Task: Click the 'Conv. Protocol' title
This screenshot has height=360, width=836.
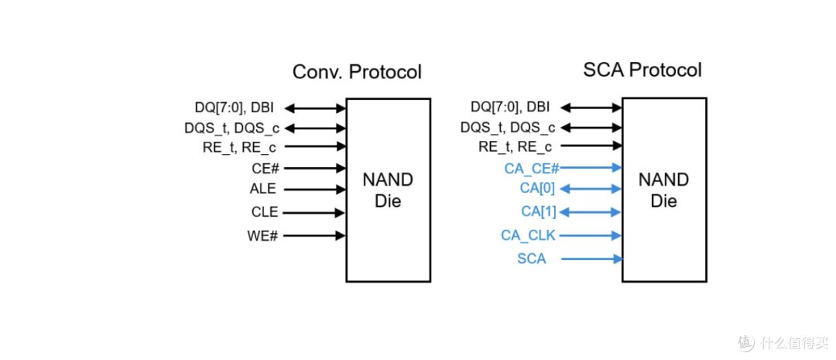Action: (357, 71)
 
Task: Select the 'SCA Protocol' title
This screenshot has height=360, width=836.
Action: (642, 70)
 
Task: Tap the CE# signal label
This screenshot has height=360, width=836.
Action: (266, 169)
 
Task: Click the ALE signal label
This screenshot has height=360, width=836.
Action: (263, 190)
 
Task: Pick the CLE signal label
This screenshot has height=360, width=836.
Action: (265, 212)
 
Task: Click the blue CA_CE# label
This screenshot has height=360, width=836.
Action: (531, 169)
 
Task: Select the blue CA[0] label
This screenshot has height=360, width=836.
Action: (537, 188)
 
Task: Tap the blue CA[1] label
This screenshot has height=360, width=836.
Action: (539, 211)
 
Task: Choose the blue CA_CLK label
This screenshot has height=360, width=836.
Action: (528, 235)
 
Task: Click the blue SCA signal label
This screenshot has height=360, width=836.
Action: (532, 259)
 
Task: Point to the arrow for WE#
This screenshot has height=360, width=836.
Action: (314, 235)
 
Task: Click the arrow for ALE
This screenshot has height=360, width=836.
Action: (314, 190)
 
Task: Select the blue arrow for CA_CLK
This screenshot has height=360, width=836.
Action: (591, 235)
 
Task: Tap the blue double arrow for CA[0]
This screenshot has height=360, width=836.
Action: (591, 189)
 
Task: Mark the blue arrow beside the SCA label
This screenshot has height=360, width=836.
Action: (592, 259)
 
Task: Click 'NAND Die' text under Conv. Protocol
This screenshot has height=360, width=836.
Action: (388, 190)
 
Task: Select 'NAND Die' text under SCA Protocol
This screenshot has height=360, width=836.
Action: (664, 190)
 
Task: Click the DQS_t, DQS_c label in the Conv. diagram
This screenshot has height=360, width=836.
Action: (232, 128)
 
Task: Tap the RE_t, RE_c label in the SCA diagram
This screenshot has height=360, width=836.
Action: (515, 146)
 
